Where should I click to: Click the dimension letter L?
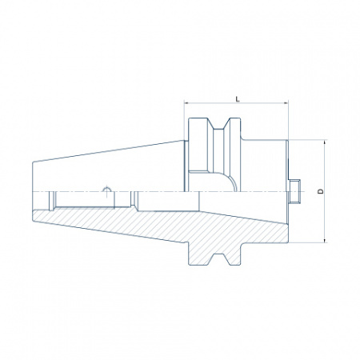coord(238,99)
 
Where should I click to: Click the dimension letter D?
coord(321,191)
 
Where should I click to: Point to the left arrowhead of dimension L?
coord(186,102)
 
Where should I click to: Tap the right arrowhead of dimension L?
coord(286,102)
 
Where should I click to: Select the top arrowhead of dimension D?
coord(325,142)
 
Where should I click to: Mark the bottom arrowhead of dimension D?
coord(325,241)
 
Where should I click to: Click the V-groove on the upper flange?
coord(218,124)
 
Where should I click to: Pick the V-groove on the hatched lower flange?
coord(218,259)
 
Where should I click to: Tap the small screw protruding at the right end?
coord(294,191)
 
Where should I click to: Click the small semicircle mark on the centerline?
coord(106,189)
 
